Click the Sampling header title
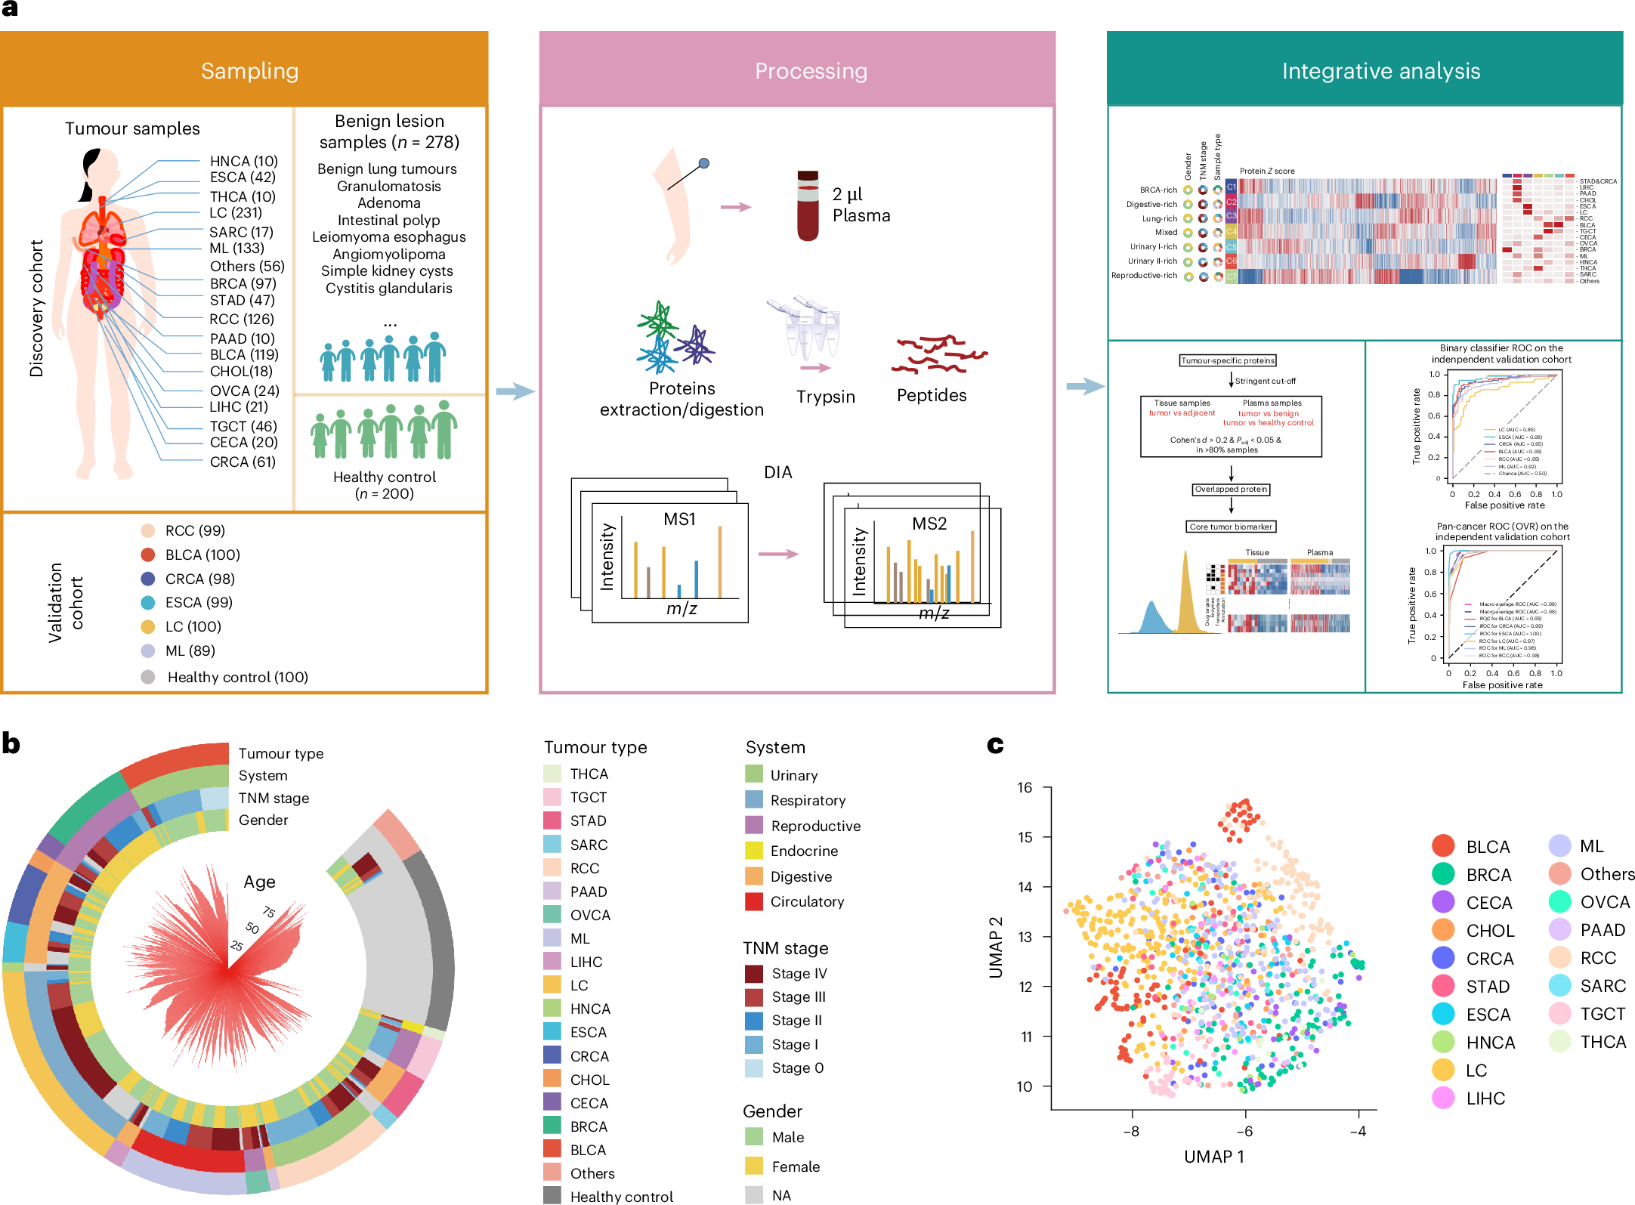click(249, 71)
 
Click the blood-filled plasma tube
click(808, 205)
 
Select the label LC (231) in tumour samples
click(236, 213)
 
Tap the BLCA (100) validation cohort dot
click(148, 555)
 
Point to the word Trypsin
click(825, 397)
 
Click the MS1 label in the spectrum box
click(678, 519)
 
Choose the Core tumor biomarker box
click(1231, 527)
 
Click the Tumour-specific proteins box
click(1228, 360)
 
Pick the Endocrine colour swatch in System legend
click(753, 851)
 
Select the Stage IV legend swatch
click(753, 973)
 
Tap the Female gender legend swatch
click(753, 1166)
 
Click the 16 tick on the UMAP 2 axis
click(1025, 787)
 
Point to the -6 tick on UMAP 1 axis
click(1244, 1131)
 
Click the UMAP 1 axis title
click(1213, 1157)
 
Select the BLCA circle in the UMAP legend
click(1443, 846)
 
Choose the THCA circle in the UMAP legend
click(1559, 1042)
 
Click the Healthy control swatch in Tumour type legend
click(552, 1196)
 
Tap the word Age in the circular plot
click(259, 882)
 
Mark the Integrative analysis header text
click(1380, 71)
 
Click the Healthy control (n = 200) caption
click(385, 485)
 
